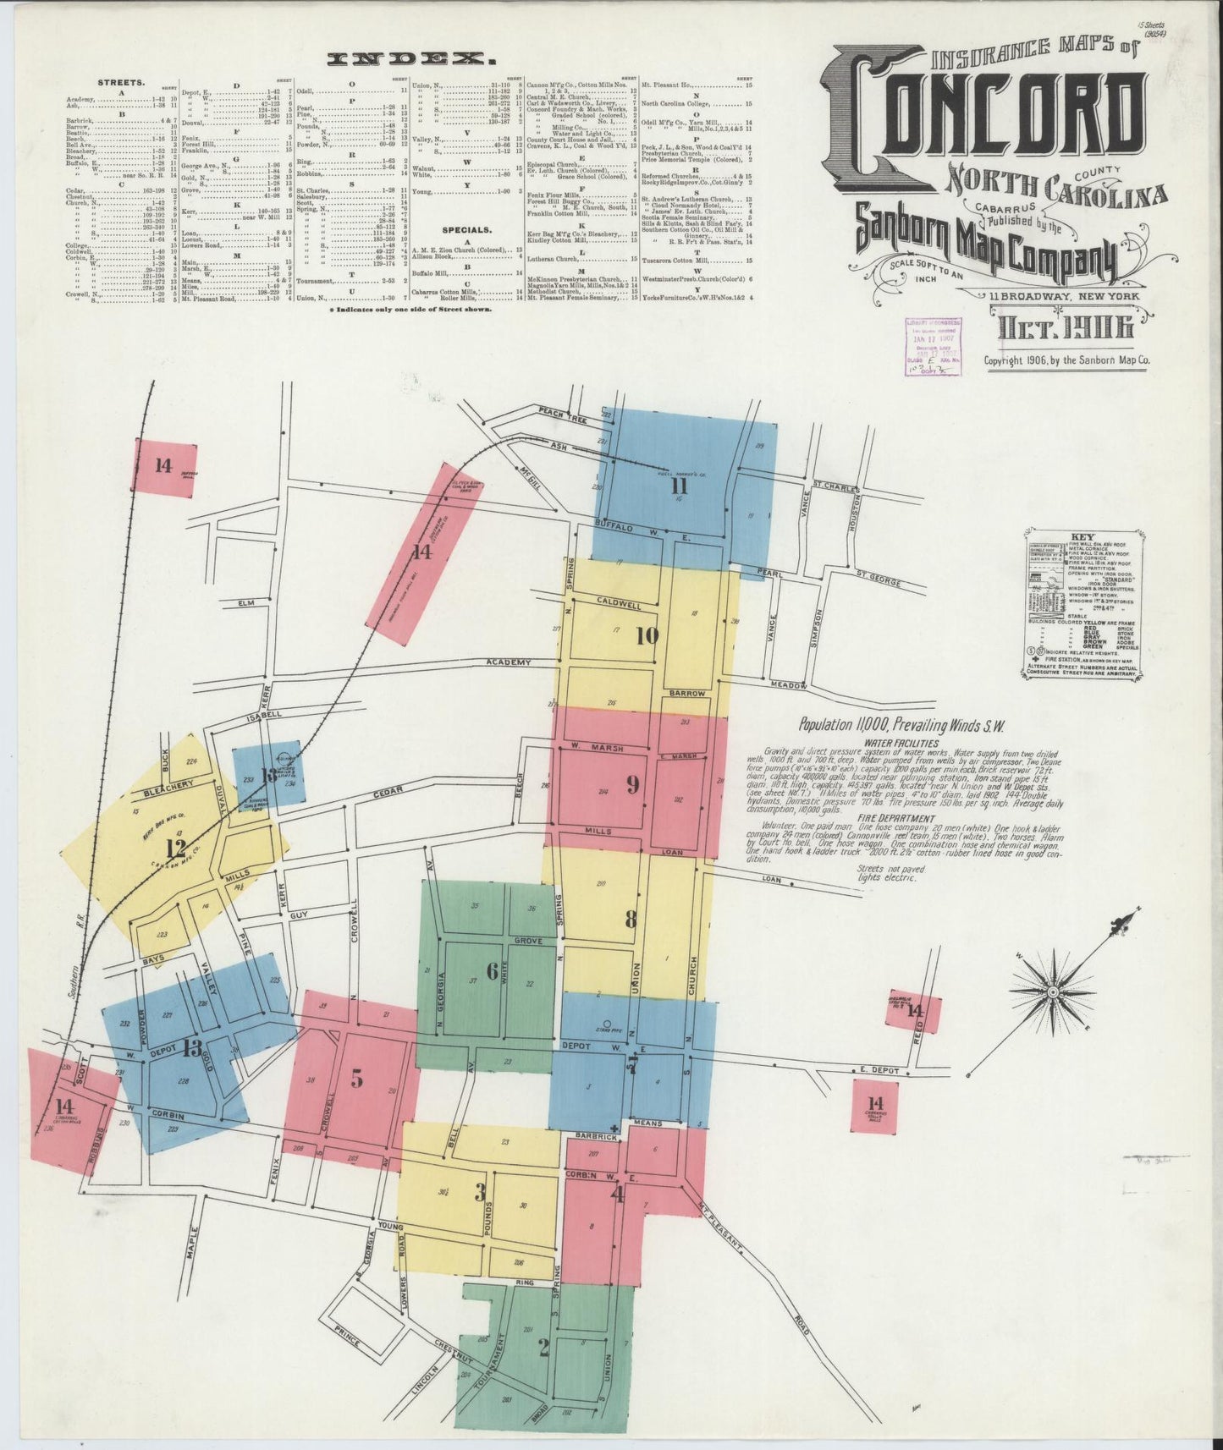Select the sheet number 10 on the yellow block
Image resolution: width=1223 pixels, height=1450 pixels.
[647, 635]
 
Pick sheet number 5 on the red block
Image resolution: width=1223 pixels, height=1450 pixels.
[356, 1079]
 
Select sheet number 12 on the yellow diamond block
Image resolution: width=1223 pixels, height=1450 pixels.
[176, 848]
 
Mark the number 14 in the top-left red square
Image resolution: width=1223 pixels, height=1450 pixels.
[163, 464]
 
